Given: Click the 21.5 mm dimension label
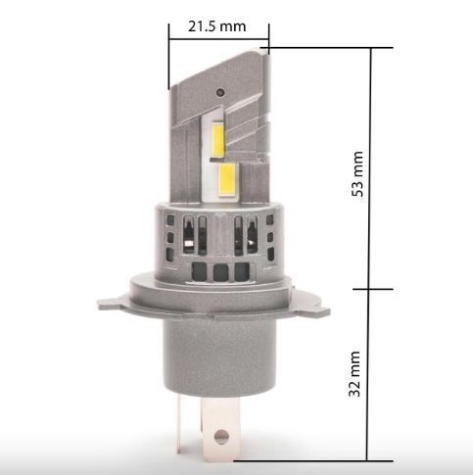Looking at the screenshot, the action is tap(216, 26).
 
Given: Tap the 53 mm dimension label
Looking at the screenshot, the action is tap(357, 173).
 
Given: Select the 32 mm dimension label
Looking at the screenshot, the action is tap(355, 374).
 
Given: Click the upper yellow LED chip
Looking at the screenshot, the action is tap(218, 139).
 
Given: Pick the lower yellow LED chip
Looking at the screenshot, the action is tap(226, 180).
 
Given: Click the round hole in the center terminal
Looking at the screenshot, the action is tap(221, 436).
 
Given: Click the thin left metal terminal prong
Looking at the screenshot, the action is tap(179, 424).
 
